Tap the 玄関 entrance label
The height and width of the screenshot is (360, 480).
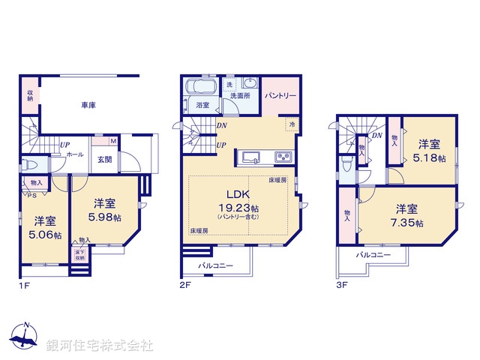[x=105, y=158]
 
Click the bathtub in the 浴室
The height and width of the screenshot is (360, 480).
[x=201, y=85]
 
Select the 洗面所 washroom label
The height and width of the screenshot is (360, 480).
[x=240, y=97]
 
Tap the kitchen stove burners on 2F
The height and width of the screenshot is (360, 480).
[x=283, y=157]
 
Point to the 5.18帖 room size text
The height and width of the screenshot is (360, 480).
[x=429, y=159]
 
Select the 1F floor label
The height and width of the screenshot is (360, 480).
[x=23, y=285]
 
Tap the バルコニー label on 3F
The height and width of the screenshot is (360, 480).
[x=373, y=256]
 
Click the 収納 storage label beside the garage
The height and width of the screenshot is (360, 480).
[x=30, y=95]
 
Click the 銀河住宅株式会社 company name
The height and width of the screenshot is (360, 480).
[x=100, y=346]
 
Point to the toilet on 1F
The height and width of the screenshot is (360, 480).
[x=29, y=163]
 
